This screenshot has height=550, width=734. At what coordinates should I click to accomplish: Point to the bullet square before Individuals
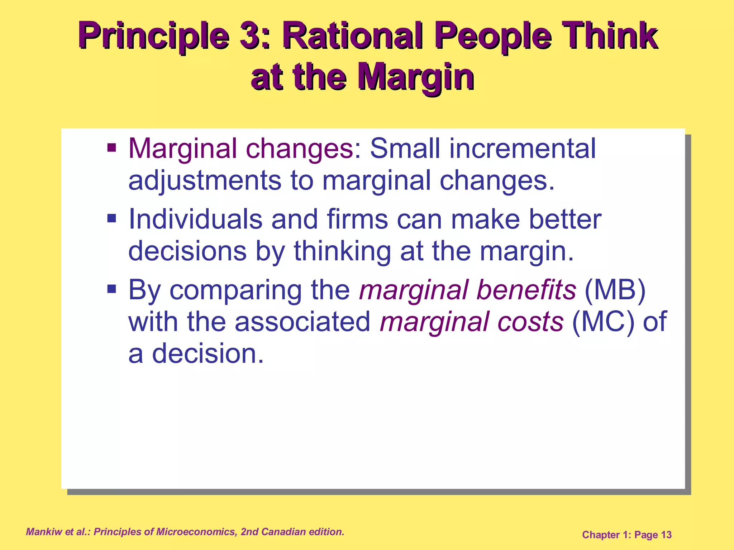coord(112,218)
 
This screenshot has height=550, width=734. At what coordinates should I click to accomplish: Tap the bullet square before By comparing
coord(112,289)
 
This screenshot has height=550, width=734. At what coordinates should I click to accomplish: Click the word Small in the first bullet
coord(405,148)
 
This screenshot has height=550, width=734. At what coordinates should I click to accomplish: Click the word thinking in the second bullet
coord(342,251)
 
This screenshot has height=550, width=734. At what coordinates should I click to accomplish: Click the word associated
coord(303,321)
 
